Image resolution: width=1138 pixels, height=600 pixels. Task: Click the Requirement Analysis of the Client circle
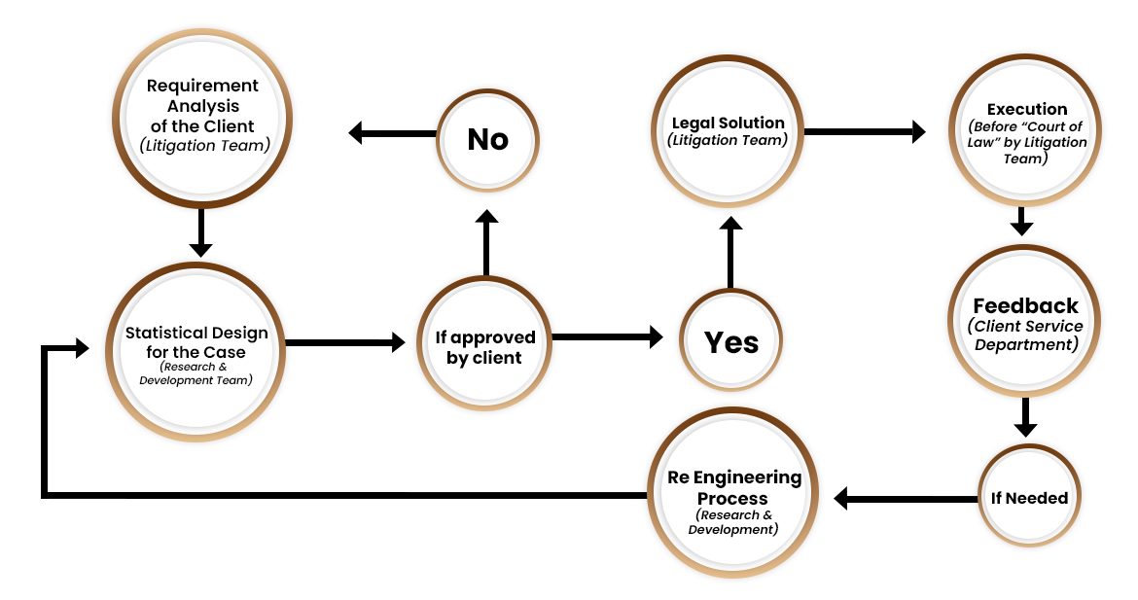click(x=202, y=118)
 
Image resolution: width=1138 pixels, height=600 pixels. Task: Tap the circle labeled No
click(x=487, y=140)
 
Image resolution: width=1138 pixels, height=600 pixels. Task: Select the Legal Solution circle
click(x=729, y=131)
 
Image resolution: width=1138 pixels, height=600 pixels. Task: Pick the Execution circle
click(x=1026, y=131)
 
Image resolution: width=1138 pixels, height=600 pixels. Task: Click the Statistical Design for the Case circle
click(x=196, y=352)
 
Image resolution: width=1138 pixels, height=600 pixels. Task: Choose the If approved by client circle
click(x=484, y=347)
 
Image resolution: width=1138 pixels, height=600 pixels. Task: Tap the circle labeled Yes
click(x=730, y=341)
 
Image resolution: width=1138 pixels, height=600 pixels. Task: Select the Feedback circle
click(x=1025, y=321)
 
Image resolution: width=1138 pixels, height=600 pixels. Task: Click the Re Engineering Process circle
click(x=733, y=493)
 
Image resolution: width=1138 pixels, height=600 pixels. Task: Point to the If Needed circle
click(x=1029, y=498)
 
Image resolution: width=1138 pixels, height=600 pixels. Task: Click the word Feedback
click(x=1025, y=305)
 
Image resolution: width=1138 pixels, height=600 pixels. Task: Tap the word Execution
click(x=1027, y=109)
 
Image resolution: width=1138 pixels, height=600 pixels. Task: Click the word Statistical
click(x=162, y=333)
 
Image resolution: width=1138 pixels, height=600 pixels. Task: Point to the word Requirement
click(x=202, y=86)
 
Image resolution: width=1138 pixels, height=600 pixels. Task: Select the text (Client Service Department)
click(x=1025, y=335)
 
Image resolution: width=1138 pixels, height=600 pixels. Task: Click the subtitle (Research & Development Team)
click(x=196, y=373)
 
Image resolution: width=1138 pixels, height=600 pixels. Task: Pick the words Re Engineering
click(x=733, y=477)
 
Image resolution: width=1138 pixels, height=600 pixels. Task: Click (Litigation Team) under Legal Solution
click(x=728, y=140)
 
